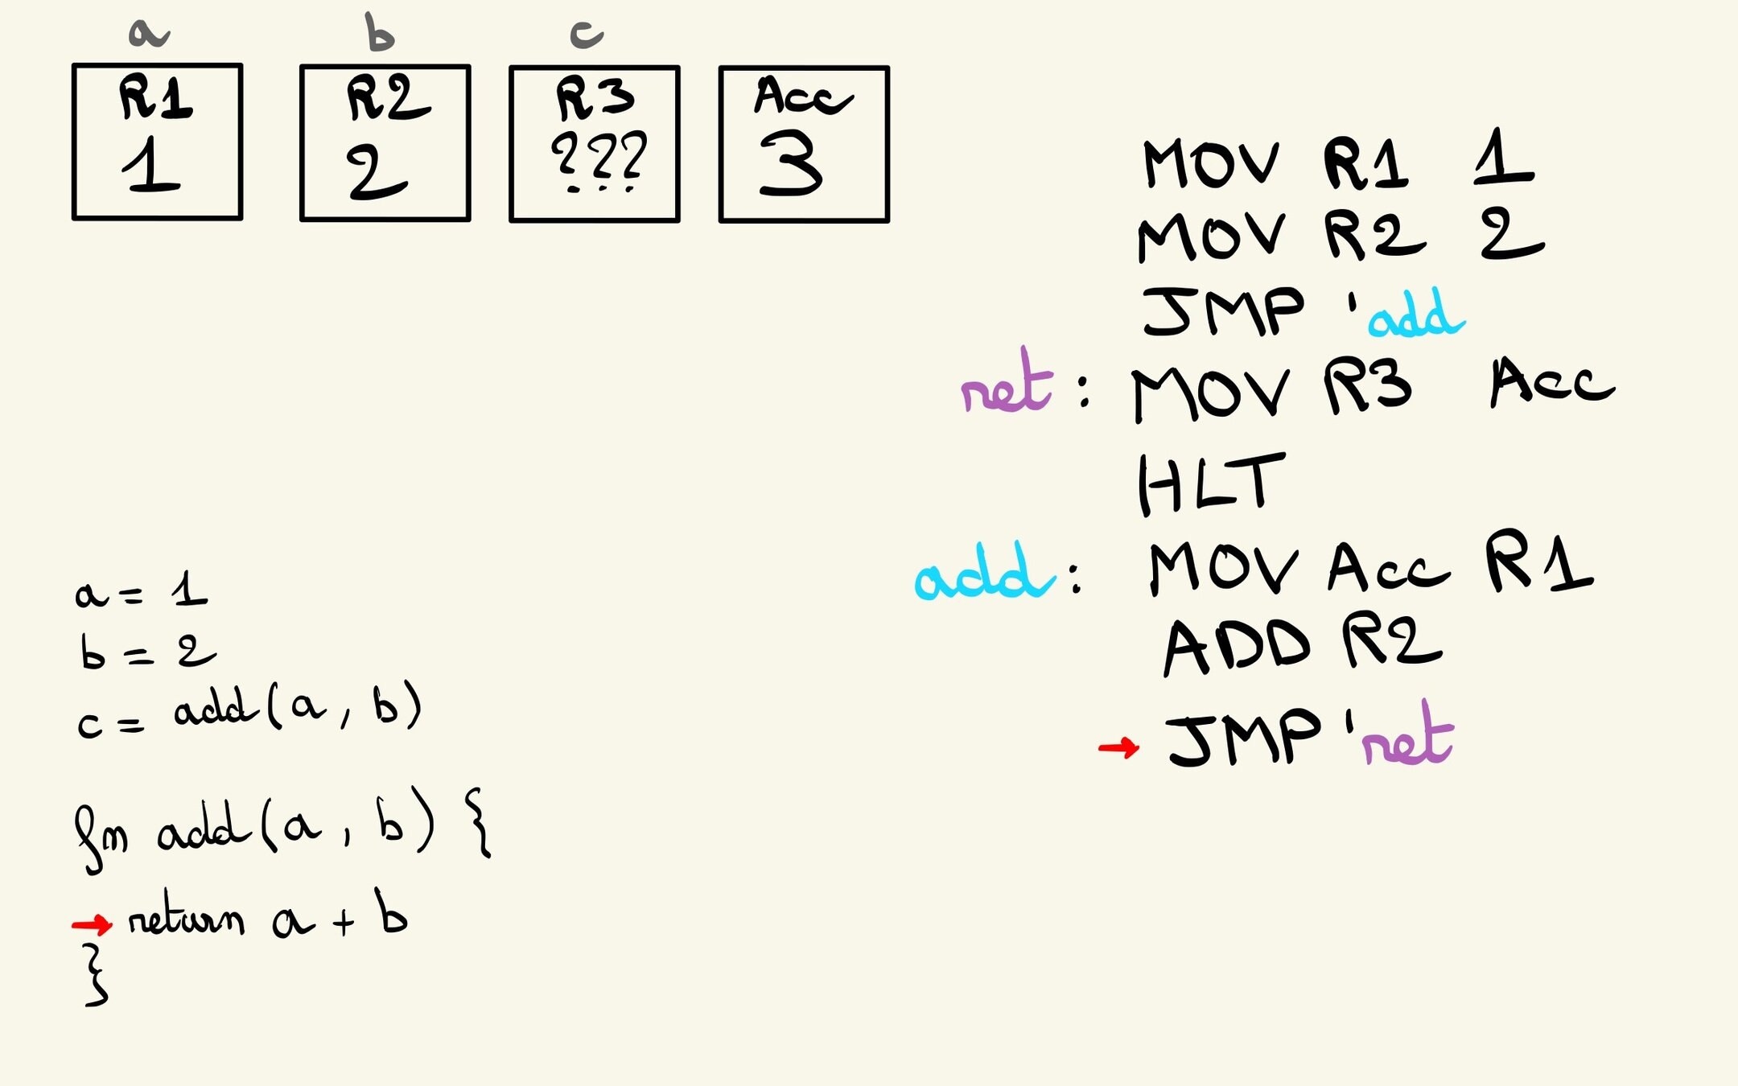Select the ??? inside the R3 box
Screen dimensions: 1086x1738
point(598,158)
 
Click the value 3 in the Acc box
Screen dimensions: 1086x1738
point(791,164)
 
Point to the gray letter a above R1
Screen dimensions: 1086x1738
point(149,33)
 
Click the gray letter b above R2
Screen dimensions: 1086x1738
point(379,32)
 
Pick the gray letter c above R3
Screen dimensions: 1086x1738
point(587,34)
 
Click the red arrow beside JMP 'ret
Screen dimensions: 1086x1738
point(1118,748)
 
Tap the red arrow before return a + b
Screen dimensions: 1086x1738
point(92,924)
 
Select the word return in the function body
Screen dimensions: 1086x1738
point(186,917)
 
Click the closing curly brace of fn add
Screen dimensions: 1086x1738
point(96,975)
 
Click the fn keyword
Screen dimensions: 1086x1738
point(101,837)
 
